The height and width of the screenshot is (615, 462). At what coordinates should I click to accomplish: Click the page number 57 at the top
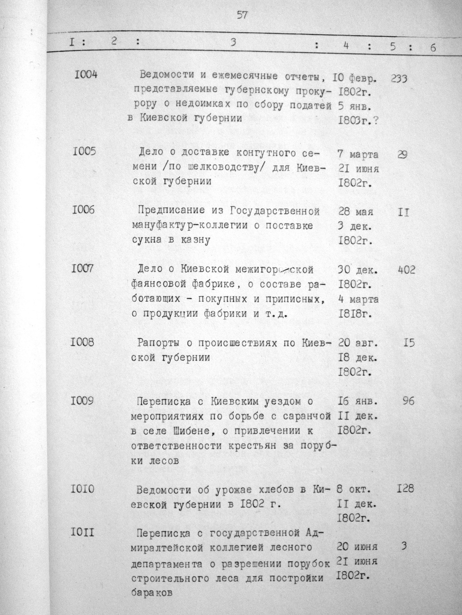(242, 15)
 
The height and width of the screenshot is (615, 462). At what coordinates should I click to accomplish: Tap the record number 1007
(83, 269)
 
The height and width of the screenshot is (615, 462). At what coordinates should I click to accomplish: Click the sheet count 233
(398, 78)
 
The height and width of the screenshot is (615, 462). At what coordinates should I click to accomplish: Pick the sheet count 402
(406, 270)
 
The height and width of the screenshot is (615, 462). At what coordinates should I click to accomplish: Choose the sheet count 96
(408, 401)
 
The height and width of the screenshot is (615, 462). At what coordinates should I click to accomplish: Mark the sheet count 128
(405, 488)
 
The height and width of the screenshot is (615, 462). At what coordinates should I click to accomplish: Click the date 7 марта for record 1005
(358, 155)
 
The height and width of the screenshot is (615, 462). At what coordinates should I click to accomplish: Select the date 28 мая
(356, 211)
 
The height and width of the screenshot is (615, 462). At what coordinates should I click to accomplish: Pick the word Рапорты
(158, 343)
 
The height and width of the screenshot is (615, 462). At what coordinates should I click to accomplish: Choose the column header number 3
(233, 43)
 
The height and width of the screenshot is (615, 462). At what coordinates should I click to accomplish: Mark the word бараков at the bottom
(152, 593)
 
